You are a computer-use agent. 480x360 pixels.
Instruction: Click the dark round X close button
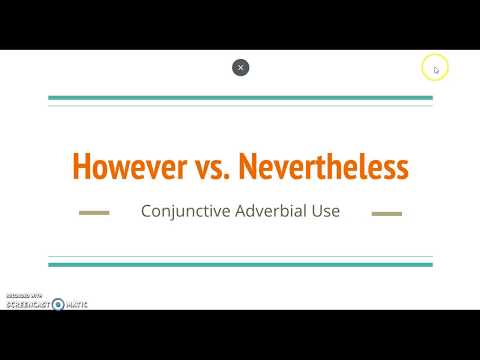point(240,67)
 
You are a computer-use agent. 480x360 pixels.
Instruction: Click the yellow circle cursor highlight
point(435,68)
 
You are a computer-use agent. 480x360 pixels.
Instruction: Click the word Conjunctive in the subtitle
point(181,212)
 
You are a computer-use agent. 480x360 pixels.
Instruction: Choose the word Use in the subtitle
point(326,212)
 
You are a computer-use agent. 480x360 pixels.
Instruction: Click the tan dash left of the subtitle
point(94,213)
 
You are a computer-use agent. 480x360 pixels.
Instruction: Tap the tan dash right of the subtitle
point(386,213)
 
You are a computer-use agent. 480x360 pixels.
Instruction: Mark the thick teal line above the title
point(240,98)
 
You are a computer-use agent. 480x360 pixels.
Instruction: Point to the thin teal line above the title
point(240,105)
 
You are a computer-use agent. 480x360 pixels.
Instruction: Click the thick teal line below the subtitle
point(240,264)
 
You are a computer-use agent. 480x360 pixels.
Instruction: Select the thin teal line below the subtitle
point(240,257)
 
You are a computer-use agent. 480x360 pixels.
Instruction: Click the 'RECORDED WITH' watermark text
point(23,296)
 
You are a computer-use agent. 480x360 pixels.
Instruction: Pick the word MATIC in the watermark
point(76,304)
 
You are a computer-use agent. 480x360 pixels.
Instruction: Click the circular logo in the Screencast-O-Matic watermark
point(58,304)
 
